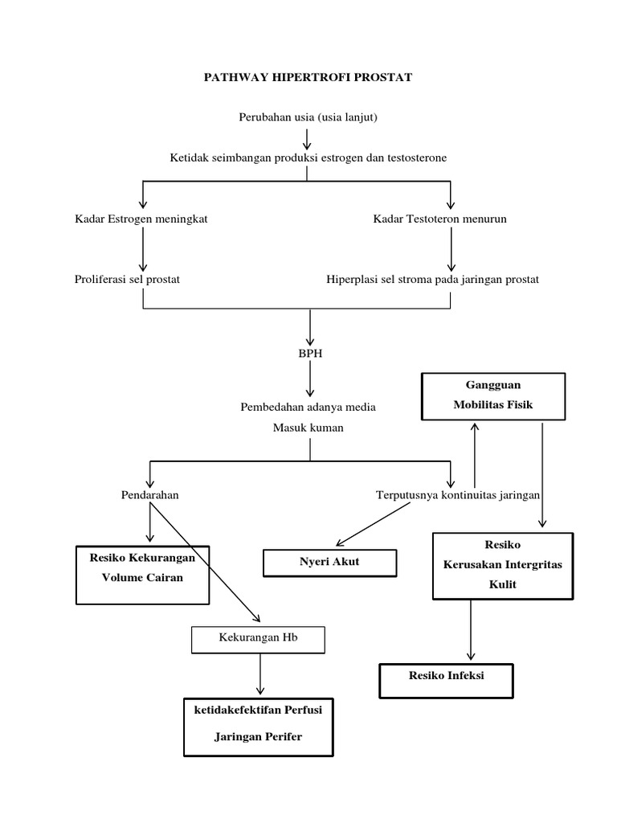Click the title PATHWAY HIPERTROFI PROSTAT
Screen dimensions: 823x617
tap(308, 77)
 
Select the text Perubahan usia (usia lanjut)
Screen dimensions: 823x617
tap(308, 117)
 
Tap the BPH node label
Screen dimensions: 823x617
tap(310, 353)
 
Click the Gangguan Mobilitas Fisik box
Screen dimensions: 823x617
tap(493, 395)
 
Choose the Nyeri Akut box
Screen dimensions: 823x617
tap(330, 562)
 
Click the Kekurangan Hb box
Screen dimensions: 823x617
tap(258, 639)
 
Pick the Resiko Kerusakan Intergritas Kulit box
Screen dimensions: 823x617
tap(503, 565)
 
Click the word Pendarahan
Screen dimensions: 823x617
tap(149, 495)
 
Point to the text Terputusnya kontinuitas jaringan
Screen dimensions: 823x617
tap(458, 495)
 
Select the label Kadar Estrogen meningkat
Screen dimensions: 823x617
tap(141, 219)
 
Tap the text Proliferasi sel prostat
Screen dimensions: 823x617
tap(127, 279)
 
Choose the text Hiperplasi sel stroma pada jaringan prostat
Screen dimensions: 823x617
tap(432, 279)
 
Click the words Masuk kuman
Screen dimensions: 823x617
tap(308, 428)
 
